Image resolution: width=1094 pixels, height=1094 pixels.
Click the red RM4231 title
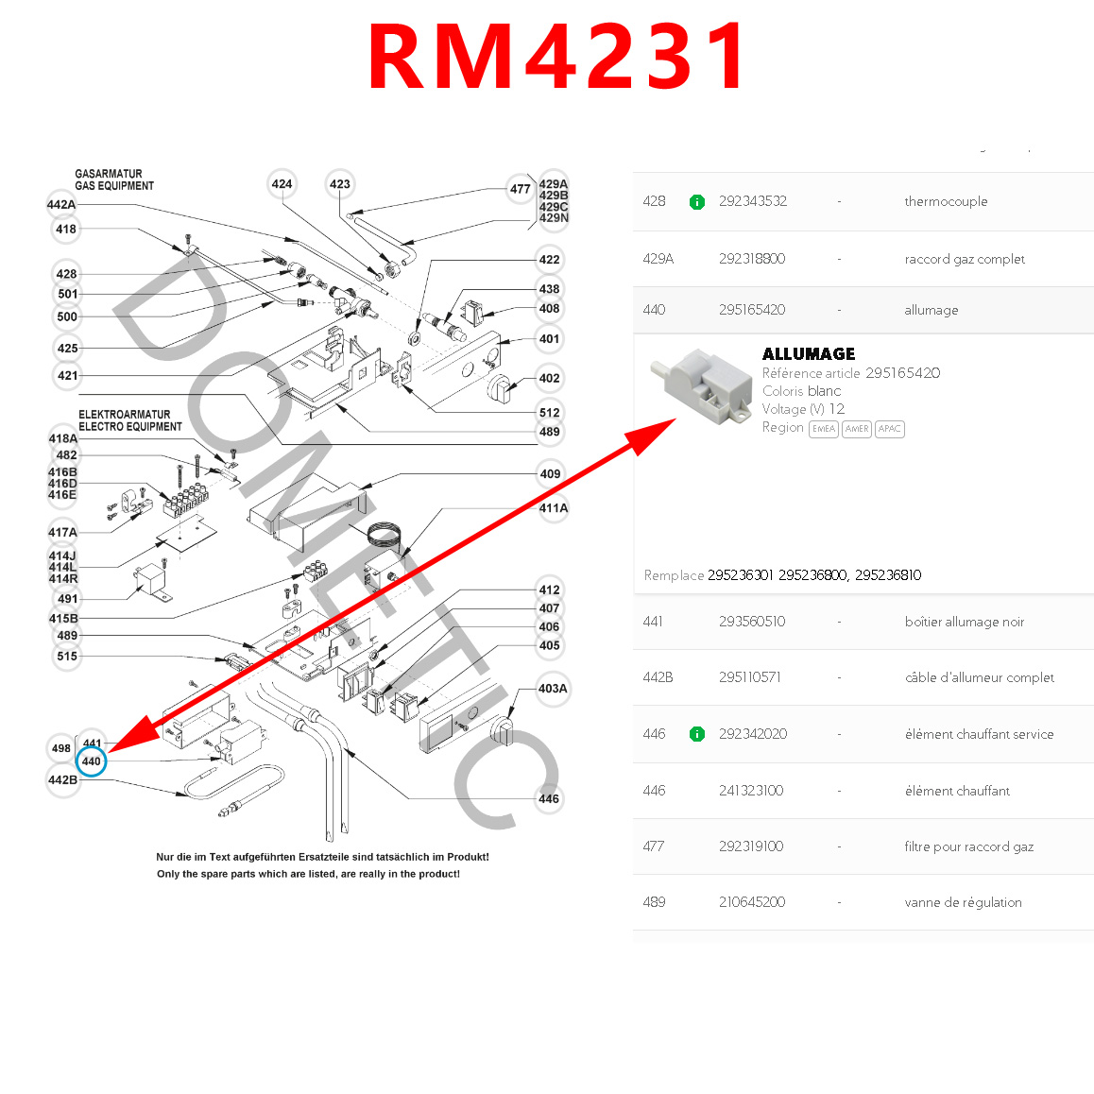pyautogui.click(x=557, y=57)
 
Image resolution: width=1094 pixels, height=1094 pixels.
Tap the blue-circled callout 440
pyautogui.click(x=92, y=761)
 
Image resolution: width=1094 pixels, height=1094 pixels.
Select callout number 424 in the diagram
pyautogui.click(x=282, y=184)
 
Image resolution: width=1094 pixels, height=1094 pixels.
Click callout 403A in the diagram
pyautogui.click(x=553, y=689)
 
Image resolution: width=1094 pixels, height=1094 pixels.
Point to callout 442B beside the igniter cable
pyautogui.click(x=62, y=780)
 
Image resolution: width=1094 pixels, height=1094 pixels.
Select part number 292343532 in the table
pyautogui.click(x=752, y=201)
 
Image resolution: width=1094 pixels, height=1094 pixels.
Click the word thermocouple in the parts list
pyautogui.click(x=946, y=201)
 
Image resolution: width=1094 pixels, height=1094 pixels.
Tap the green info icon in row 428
pyautogui.click(x=697, y=202)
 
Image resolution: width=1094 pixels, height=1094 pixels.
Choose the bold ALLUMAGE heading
pyautogui.click(x=809, y=354)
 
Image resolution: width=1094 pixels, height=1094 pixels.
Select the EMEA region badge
pyautogui.click(x=824, y=429)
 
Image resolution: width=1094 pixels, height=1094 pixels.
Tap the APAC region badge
pyautogui.click(x=890, y=429)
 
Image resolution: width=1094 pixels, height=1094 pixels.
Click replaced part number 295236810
pyautogui.click(x=888, y=575)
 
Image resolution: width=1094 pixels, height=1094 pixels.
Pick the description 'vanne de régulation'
pyautogui.click(x=963, y=902)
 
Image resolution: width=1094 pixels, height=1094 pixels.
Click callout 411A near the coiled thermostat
pyautogui.click(x=554, y=508)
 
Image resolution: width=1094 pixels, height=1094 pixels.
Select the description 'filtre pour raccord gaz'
pyautogui.click(x=968, y=846)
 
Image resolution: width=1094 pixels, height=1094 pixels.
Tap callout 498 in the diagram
pyautogui.click(x=61, y=748)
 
